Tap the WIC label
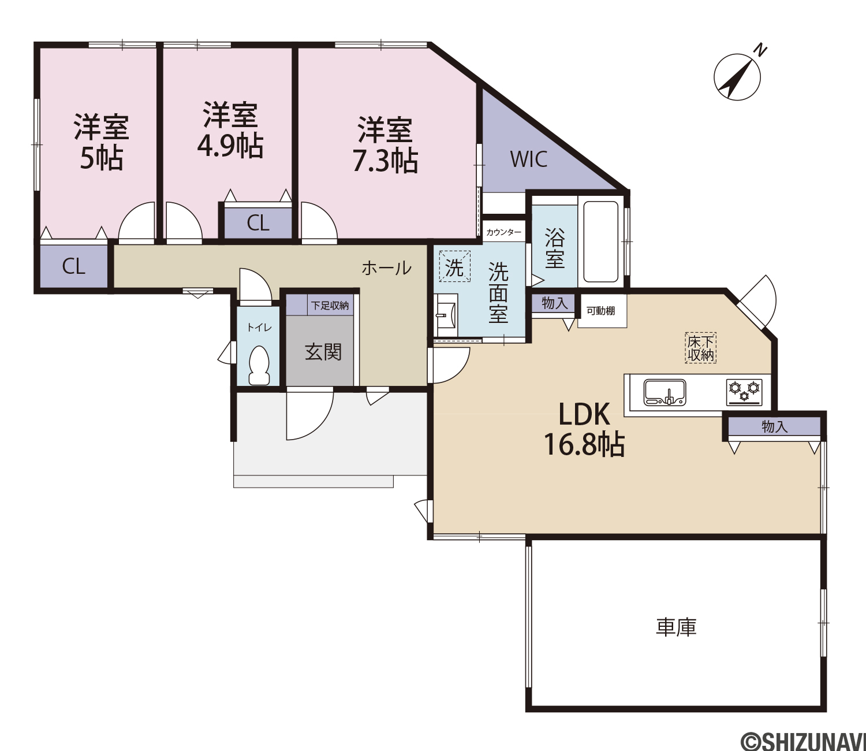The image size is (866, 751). [x=529, y=159]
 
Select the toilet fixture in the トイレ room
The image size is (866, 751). [x=259, y=365]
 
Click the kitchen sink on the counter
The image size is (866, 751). [x=665, y=392]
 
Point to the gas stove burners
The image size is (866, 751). [x=744, y=392]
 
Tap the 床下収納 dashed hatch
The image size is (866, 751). [x=700, y=348]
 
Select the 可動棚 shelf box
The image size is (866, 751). [x=602, y=311]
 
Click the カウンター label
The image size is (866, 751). [x=503, y=232]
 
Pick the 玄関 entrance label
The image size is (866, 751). [x=323, y=352]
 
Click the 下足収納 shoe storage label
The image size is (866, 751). [x=330, y=306]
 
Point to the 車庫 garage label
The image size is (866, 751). [x=676, y=627]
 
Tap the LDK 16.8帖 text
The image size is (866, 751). [x=584, y=429]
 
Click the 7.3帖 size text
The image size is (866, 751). [x=385, y=161]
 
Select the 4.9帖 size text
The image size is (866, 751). [x=230, y=146]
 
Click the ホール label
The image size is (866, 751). [x=387, y=268]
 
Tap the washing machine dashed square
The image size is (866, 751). [x=454, y=266]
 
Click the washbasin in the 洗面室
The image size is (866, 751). [x=446, y=315]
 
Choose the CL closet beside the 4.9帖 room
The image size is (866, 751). [x=257, y=223]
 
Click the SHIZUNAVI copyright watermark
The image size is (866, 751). [x=803, y=741]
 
